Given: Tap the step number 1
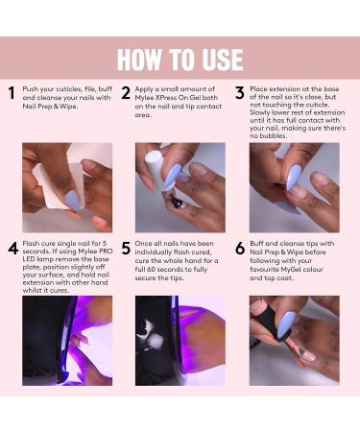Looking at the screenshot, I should (x=12, y=93).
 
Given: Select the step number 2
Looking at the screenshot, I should (x=126, y=93).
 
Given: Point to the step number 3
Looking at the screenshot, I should (x=239, y=93).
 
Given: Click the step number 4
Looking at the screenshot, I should (x=12, y=249).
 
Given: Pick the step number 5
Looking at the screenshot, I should (x=126, y=249).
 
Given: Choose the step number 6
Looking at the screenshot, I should (x=239, y=249).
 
